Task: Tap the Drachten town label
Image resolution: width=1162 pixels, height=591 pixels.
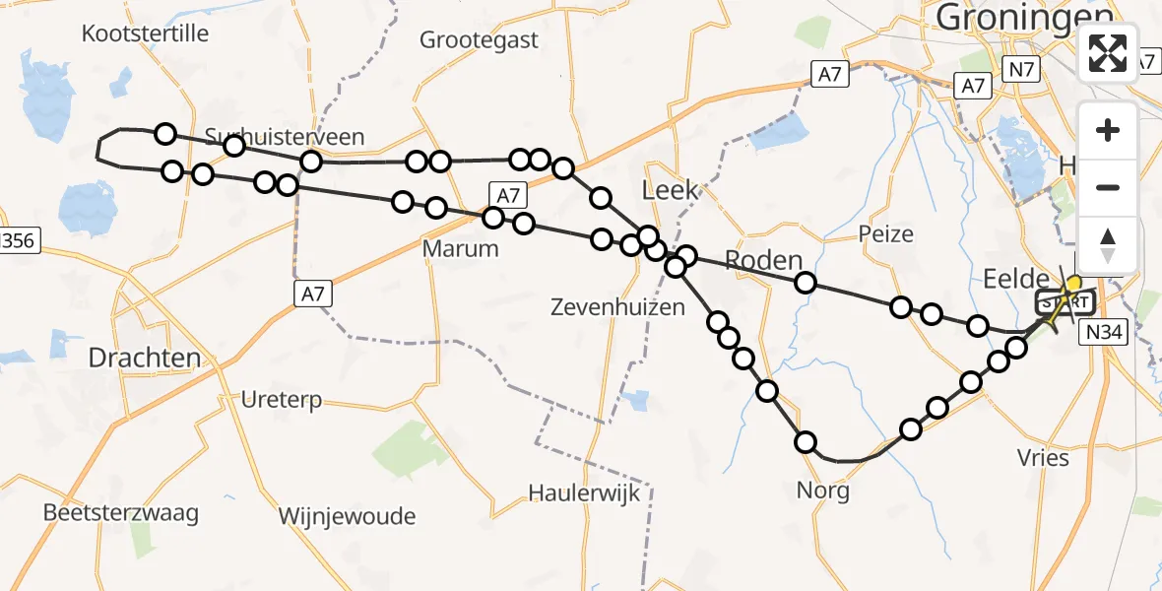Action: tap(145, 358)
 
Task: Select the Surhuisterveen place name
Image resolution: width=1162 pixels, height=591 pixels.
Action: tap(285, 137)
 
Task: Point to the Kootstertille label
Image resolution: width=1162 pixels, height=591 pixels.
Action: tap(146, 33)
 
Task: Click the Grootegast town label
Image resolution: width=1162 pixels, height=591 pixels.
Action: tap(480, 39)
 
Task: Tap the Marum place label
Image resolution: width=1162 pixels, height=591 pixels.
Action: tap(461, 249)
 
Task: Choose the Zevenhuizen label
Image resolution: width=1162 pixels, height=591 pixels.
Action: tap(618, 307)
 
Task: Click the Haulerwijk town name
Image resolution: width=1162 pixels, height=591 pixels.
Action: tap(585, 492)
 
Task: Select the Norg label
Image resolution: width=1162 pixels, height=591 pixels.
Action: tap(824, 491)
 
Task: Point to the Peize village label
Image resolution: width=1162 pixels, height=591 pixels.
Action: tap(885, 234)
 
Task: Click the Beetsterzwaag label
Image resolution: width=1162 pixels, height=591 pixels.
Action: tap(121, 513)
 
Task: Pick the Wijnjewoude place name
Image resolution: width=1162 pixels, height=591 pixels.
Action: tap(347, 516)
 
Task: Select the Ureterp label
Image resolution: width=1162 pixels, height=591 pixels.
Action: tap(282, 401)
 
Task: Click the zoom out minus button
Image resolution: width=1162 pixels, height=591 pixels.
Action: tap(1108, 187)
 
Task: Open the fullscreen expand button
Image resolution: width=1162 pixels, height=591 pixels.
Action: tap(1108, 53)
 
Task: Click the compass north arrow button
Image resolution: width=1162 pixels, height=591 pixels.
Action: tap(1108, 245)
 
